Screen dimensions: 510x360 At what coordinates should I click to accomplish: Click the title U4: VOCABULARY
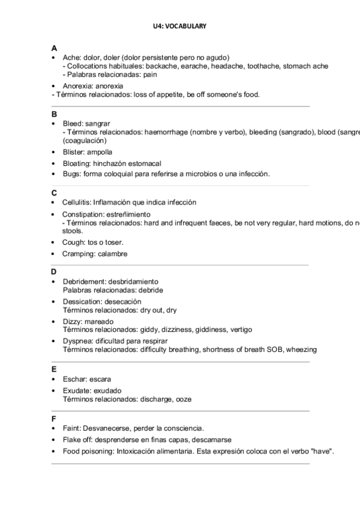click(180, 26)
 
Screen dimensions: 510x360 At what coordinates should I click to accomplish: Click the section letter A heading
click(54, 48)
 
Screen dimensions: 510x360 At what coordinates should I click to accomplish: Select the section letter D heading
click(54, 272)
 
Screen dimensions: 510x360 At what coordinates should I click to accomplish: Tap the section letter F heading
click(54, 418)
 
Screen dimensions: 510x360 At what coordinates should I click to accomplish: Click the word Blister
click(73, 152)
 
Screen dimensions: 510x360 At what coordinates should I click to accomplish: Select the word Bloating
click(76, 163)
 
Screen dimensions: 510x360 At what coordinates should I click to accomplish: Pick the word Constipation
click(82, 214)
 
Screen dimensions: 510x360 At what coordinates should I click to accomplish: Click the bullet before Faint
click(54, 429)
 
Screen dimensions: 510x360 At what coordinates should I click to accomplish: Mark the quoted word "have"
click(323, 450)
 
